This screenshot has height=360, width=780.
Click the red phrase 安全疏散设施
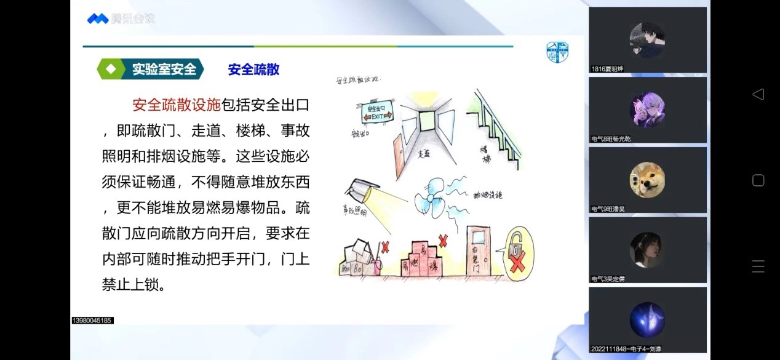tap(176, 105)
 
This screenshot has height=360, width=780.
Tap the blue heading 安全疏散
tap(253, 70)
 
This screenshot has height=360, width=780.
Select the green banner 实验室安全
tap(151, 70)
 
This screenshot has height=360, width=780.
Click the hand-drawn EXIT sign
tap(371, 113)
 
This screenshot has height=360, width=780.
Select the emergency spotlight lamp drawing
tap(360, 190)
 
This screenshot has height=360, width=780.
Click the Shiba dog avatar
tap(647, 180)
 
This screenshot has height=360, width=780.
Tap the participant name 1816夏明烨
tap(607, 69)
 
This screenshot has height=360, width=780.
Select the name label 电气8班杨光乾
tap(611, 139)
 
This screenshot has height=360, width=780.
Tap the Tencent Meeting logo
tap(121, 19)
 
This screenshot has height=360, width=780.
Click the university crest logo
tap(557, 52)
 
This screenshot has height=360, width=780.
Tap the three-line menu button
tap(758, 266)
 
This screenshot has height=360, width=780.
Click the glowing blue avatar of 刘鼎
tap(647, 319)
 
